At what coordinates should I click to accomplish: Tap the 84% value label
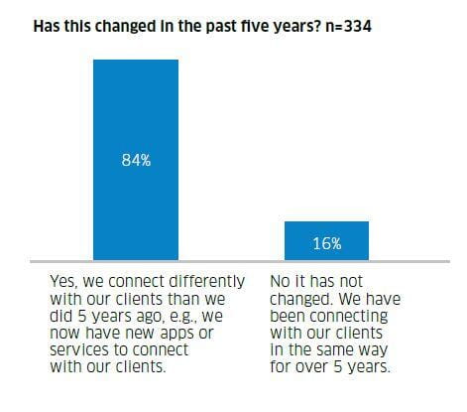[136, 160]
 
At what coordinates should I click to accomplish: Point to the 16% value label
[326, 242]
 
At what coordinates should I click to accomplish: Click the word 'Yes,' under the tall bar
[63, 282]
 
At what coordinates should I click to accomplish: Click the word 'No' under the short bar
[280, 282]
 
